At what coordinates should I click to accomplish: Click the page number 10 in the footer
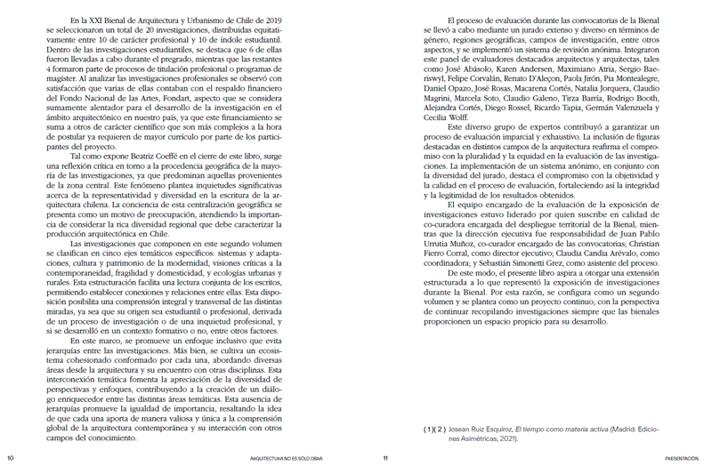click(11, 459)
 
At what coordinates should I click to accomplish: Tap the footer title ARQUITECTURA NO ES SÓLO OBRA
click(287, 459)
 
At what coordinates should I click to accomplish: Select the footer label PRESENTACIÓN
click(684, 459)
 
